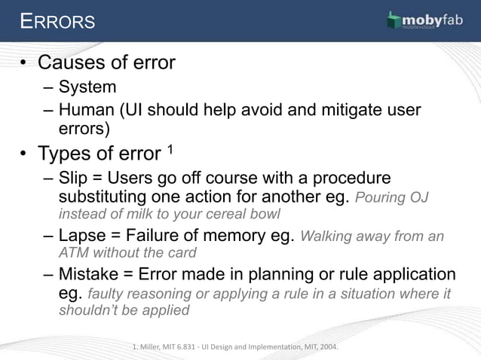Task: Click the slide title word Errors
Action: [58, 21]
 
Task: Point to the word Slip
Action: [73, 179]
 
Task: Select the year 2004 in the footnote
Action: [326, 347]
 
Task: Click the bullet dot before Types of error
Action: [25, 154]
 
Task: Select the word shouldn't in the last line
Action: [93, 310]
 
